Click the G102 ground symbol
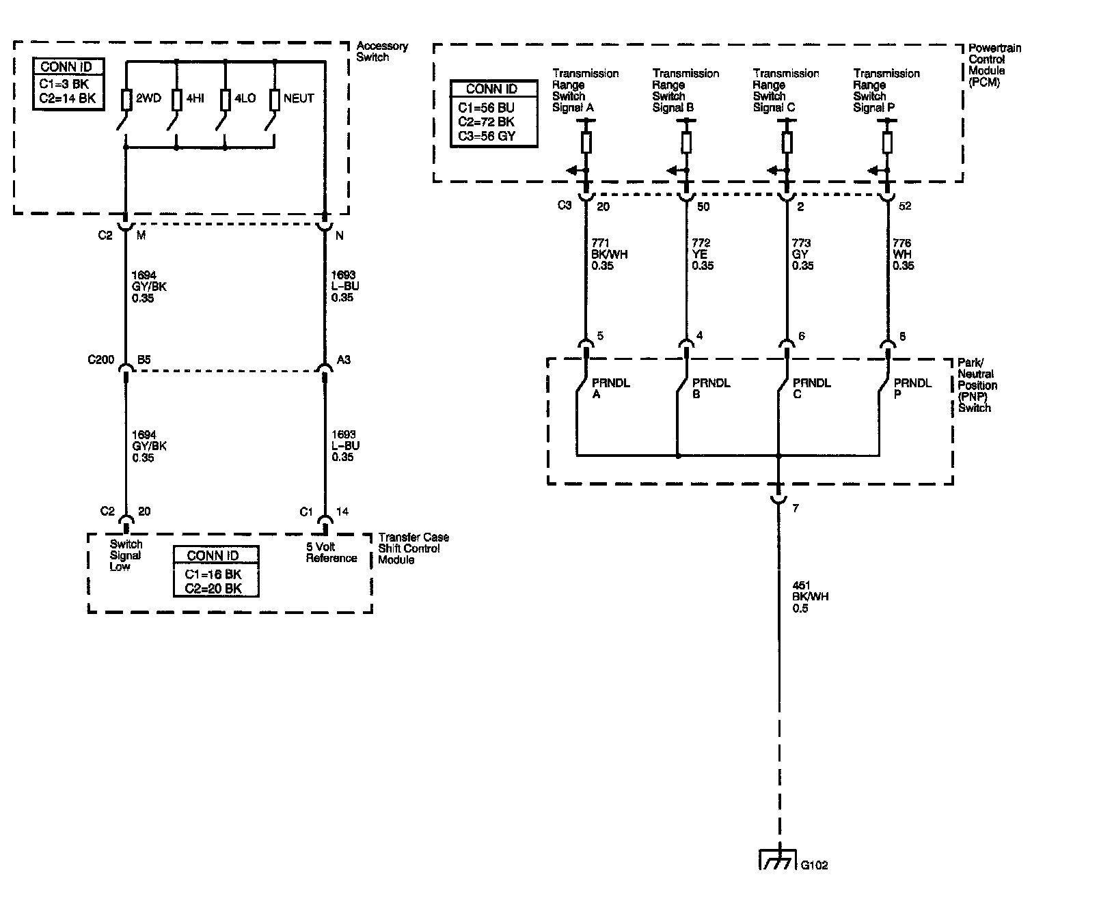click(778, 859)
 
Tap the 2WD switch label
click(148, 98)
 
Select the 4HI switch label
click(195, 98)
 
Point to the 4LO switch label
click(245, 98)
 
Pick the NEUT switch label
click(299, 98)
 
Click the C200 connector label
click(100, 359)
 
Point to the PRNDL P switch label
click(912, 389)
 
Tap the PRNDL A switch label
click(611, 389)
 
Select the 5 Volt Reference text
click(331, 553)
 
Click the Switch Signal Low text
click(126, 555)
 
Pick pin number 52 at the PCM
click(905, 206)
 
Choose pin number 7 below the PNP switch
click(795, 508)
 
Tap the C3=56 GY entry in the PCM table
click(487, 135)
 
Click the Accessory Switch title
click(381, 51)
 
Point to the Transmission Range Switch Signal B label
click(685, 90)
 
